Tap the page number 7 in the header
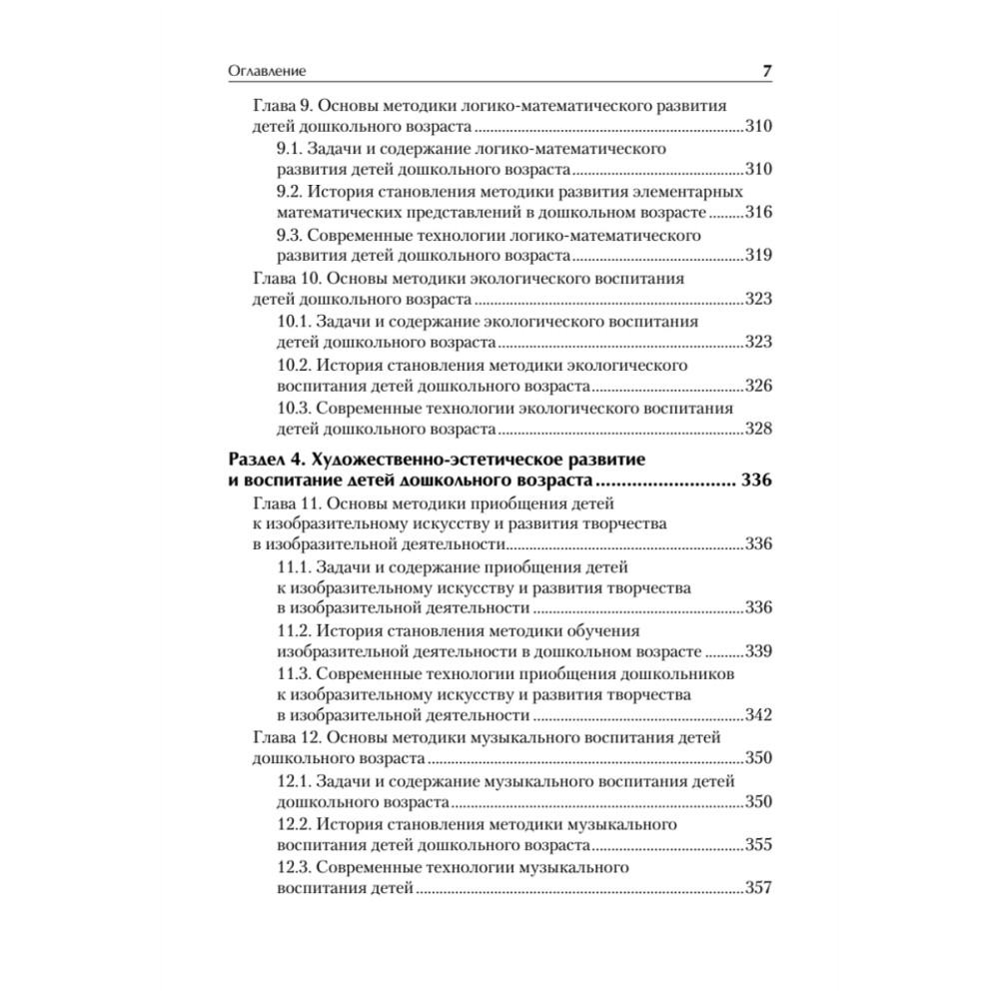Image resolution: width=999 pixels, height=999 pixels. (x=766, y=72)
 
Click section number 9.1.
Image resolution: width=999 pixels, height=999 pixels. (x=289, y=148)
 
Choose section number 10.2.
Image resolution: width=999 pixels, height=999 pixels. (x=293, y=365)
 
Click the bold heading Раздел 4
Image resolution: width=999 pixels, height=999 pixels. (x=264, y=461)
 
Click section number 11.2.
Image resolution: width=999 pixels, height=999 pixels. (x=293, y=630)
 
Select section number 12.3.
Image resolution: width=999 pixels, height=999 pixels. (x=293, y=867)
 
